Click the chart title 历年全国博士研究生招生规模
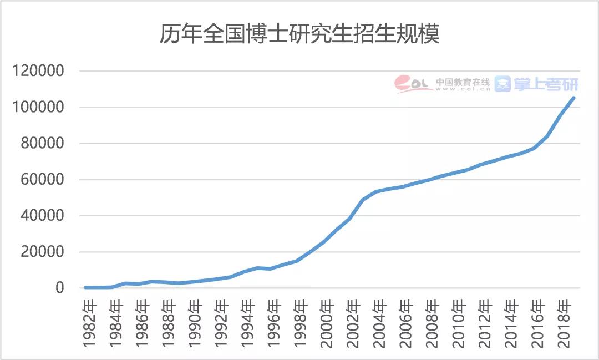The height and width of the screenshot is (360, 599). pos(299,34)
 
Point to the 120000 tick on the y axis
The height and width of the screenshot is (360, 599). pos(41,72)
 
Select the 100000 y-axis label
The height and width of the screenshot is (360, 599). pos(41,108)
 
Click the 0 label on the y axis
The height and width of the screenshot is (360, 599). pos(60,288)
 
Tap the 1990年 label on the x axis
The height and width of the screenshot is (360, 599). pos(195,324)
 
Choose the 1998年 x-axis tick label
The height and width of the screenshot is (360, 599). pos(300,324)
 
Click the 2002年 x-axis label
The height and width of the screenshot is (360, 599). pos(353,324)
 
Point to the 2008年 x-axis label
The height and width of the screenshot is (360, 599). pos(432,324)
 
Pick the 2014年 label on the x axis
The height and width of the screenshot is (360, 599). pos(510,324)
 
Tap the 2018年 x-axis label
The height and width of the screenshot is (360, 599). pos(563,324)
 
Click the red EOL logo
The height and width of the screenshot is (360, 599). pos(413,84)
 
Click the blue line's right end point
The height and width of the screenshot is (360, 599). pos(573,98)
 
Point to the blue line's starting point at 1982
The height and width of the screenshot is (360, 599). pos(86,287)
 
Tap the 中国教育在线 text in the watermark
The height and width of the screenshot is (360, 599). pos(463,82)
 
